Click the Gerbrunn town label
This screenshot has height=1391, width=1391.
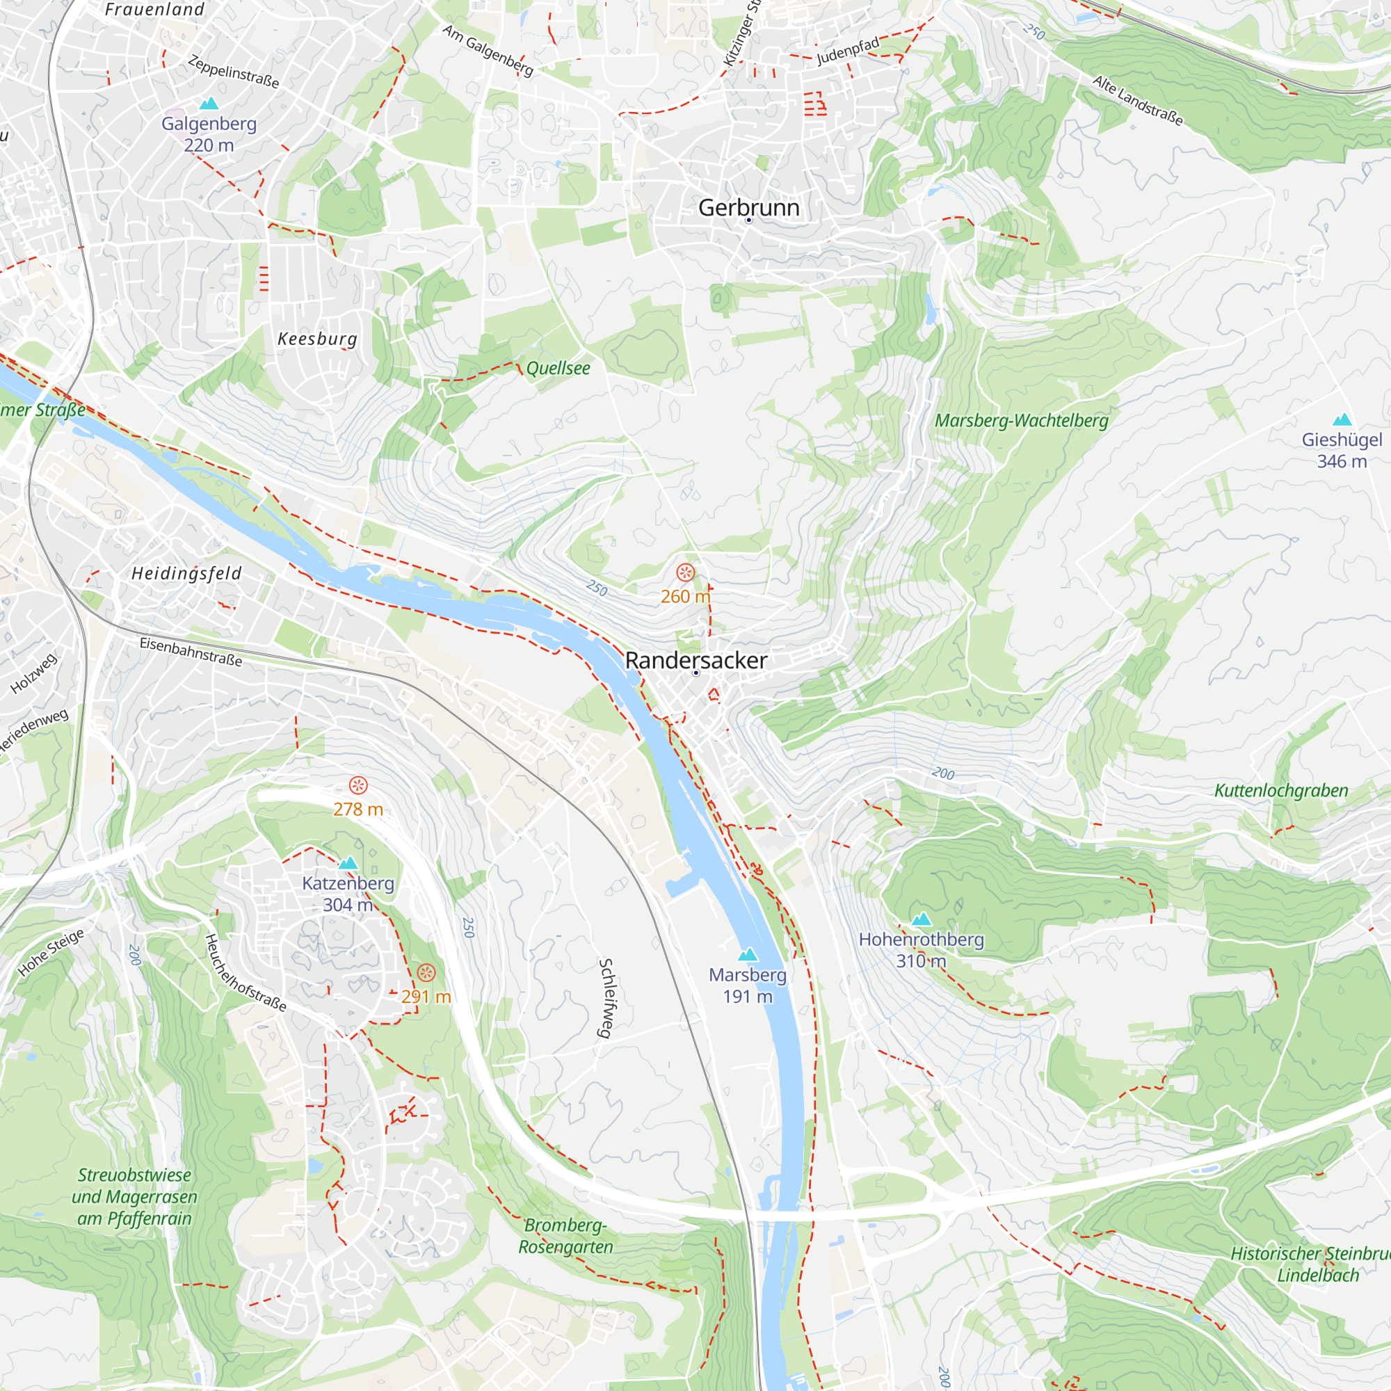coord(749,207)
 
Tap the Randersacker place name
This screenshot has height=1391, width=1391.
coord(695,660)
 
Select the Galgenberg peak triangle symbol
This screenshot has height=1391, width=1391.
coord(209,104)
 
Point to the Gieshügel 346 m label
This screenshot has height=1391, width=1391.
coord(1342,450)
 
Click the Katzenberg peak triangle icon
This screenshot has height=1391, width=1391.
coord(348,862)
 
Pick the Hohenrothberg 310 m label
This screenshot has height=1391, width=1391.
coord(921,949)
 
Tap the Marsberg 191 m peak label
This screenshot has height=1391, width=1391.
coord(748,985)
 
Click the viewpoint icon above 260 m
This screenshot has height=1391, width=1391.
coord(686,572)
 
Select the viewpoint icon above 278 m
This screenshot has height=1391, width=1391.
coord(357,785)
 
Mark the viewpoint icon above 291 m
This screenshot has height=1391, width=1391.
coord(426,974)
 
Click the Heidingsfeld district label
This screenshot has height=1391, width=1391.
coord(186,573)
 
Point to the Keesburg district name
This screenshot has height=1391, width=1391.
coord(318,339)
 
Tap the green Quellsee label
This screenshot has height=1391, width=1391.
coord(558,368)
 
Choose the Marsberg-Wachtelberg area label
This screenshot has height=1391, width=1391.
coord(1021,421)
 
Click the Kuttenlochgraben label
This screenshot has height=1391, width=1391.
coord(1281,791)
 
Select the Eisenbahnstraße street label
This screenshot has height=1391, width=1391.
coord(191,651)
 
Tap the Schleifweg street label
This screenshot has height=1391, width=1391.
coord(606,998)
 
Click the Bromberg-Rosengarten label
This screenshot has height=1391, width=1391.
coord(566,1235)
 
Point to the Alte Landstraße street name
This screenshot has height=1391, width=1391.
coord(1138,101)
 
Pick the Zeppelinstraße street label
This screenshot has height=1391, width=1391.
coord(233,71)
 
